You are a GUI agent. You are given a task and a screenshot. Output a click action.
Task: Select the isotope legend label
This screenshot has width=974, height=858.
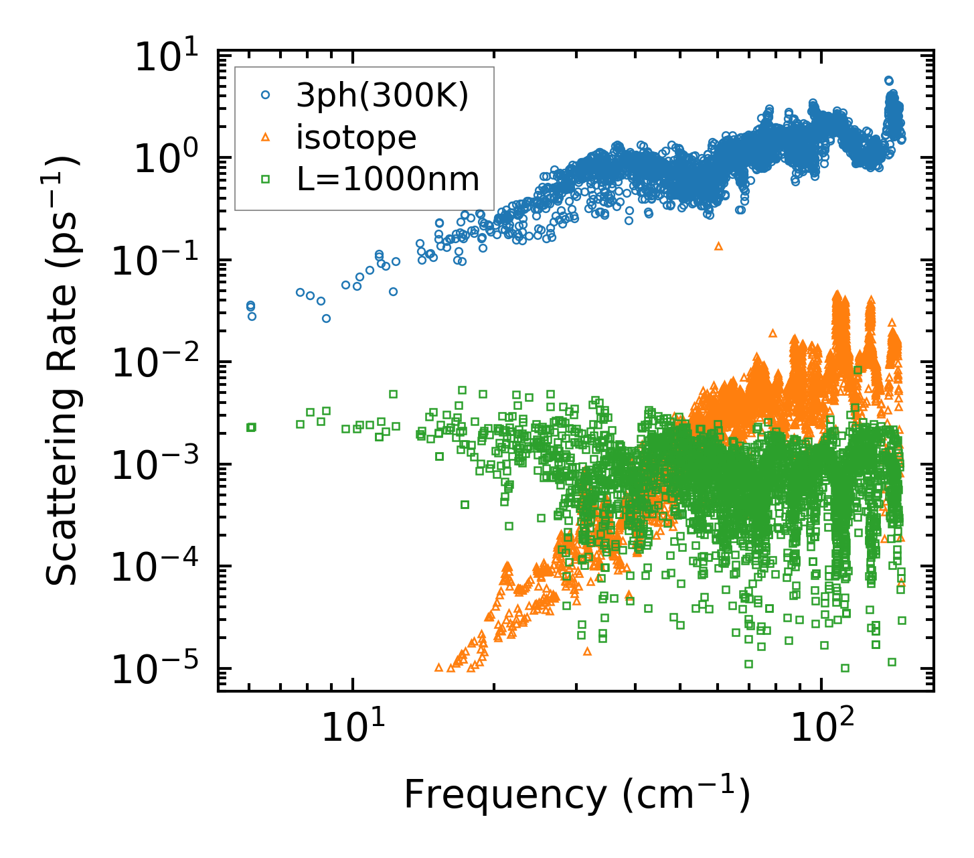click(x=356, y=137)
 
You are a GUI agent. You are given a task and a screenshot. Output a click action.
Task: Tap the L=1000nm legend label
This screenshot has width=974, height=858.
click(x=388, y=179)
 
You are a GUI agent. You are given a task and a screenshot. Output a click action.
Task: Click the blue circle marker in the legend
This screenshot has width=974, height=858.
click(x=265, y=96)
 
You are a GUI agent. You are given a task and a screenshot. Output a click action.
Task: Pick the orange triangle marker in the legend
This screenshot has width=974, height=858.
click(x=265, y=137)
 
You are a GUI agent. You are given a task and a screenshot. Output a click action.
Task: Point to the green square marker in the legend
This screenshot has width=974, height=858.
click(x=265, y=179)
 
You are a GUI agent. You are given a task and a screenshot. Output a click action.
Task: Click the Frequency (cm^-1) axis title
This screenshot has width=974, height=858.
click(x=576, y=796)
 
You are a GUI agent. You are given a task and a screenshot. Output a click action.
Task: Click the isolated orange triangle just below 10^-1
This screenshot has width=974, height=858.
click(x=719, y=246)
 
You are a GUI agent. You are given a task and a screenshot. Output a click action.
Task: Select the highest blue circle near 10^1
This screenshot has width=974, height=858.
click(x=889, y=80)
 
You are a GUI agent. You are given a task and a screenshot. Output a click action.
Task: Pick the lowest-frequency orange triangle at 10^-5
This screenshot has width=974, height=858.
click(x=439, y=667)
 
